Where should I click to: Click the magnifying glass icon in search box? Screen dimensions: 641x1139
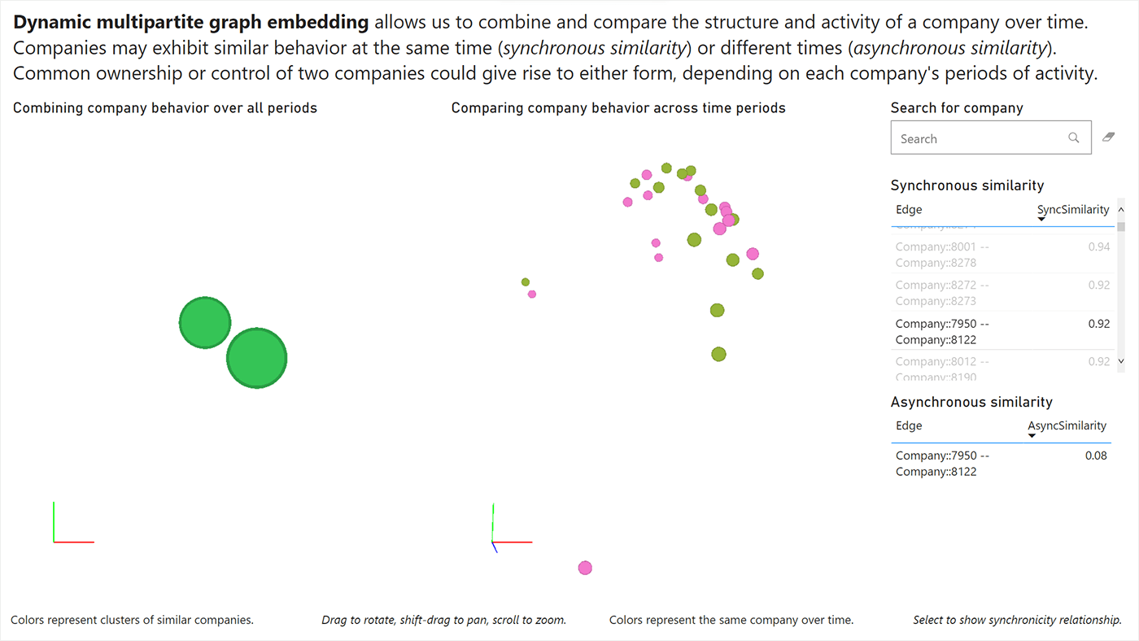click(x=1074, y=138)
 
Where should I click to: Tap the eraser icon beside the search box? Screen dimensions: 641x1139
click(x=1108, y=137)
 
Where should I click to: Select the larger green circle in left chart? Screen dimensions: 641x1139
click(x=256, y=358)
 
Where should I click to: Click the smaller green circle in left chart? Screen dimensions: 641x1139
click(x=205, y=323)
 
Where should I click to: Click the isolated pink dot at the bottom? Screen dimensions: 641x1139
click(x=585, y=568)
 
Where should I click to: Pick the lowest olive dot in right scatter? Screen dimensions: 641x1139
click(x=718, y=354)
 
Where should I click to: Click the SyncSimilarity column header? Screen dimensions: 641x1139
click(x=1072, y=210)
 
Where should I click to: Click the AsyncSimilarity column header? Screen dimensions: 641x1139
click(x=1067, y=425)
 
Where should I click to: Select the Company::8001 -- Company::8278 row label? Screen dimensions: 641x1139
click(x=942, y=254)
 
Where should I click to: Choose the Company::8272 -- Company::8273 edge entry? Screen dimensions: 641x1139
click(x=942, y=293)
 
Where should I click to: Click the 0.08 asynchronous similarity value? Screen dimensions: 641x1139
click(x=1095, y=456)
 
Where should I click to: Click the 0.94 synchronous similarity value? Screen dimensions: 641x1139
click(x=1098, y=246)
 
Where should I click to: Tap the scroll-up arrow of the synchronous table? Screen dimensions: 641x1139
click(x=1121, y=209)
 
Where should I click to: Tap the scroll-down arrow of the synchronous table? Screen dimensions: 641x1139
click(x=1121, y=360)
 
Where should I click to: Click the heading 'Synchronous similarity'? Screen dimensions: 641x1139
click(x=967, y=185)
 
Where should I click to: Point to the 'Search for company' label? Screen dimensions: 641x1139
click(x=956, y=108)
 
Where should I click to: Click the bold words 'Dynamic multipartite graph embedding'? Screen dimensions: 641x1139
click(x=191, y=22)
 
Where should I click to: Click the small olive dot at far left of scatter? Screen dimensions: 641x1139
click(x=526, y=282)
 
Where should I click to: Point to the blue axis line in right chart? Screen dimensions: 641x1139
click(x=495, y=547)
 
